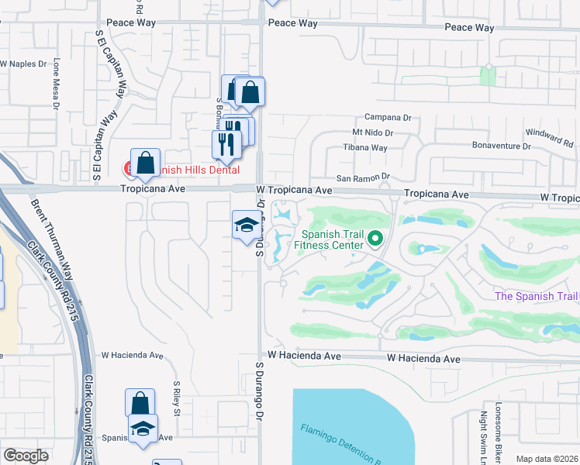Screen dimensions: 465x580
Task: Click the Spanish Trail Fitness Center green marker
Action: (x=376, y=238)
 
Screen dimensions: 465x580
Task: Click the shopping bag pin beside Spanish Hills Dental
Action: (x=145, y=164)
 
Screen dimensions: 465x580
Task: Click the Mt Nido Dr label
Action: (x=373, y=133)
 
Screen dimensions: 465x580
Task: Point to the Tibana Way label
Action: (x=365, y=147)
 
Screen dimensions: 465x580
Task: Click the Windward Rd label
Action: (x=549, y=138)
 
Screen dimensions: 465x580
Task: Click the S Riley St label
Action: (x=177, y=398)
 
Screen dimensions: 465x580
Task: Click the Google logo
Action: (x=26, y=456)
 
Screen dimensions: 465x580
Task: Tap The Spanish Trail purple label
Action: (x=537, y=297)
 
